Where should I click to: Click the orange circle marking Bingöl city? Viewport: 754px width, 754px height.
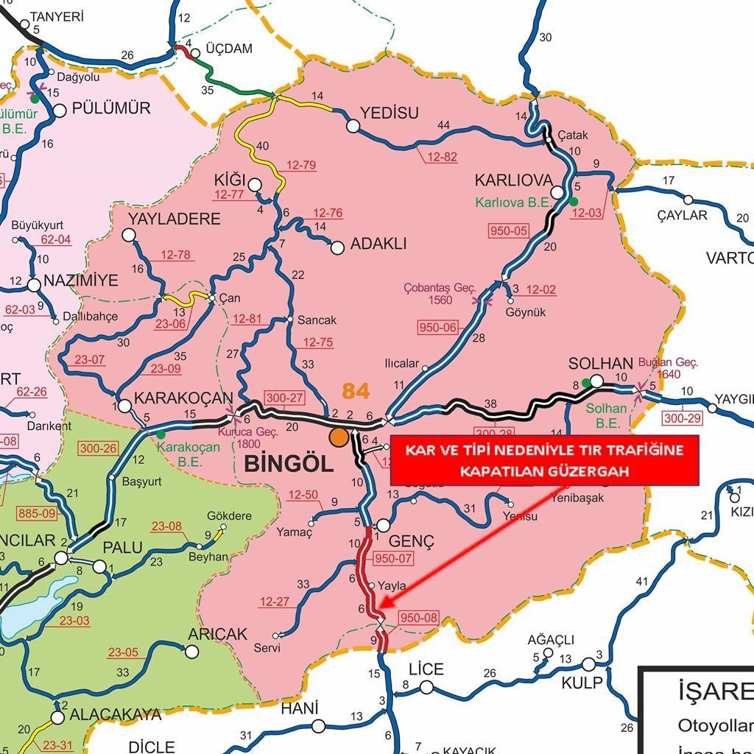[x=339, y=437]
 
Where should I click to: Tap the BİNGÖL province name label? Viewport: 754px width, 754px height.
[x=289, y=464]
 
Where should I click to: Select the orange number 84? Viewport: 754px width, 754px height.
[x=355, y=391]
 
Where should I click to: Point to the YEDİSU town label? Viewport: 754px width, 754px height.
[x=389, y=113]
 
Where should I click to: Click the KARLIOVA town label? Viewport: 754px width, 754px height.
[x=513, y=180]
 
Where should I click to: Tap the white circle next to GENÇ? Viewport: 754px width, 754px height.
[x=383, y=526]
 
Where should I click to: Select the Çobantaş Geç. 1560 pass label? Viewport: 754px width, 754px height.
[x=440, y=294]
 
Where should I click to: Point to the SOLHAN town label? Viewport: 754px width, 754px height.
[x=601, y=364]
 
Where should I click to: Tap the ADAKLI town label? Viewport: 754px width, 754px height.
[x=379, y=244]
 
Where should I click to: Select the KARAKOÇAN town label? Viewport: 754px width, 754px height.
[x=184, y=398]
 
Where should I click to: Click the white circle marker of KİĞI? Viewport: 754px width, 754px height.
[x=255, y=185]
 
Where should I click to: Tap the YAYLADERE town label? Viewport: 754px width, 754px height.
[x=175, y=219]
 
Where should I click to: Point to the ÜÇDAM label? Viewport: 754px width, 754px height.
[x=229, y=49]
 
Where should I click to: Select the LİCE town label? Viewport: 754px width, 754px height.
[x=426, y=669]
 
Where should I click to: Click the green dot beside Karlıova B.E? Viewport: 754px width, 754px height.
[x=574, y=201]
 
